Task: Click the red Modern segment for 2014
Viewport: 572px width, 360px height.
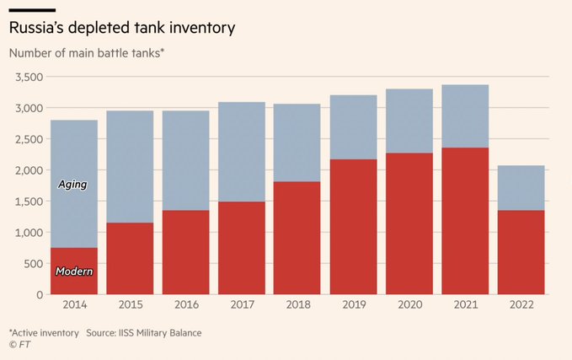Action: pyautogui.click(x=74, y=253)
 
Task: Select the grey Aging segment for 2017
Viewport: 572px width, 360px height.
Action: pyautogui.click(x=241, y=152)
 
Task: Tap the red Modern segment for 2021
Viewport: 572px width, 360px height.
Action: pyautogui.click(x=465, y=221)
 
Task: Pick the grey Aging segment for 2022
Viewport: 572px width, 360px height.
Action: pyautogui.click(x=521, y=187)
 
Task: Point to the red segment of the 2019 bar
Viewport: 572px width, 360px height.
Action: pyautogui.click(x=353, y=226)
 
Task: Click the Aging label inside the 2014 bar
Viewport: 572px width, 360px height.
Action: pyautogui.click(x=72, y=184)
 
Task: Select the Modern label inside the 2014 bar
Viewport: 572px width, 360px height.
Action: pyautogui.click(x=74, y=271)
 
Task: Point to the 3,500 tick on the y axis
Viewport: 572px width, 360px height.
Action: pyautogui.click(x=29, y=77)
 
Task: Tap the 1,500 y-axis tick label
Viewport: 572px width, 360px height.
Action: pyautogui.click(x=29, y=201)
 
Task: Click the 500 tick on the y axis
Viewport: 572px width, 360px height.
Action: pyautogui.click(x=33, y=264)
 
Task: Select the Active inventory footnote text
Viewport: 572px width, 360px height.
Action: pyautogui.click(x=43, y=333)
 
